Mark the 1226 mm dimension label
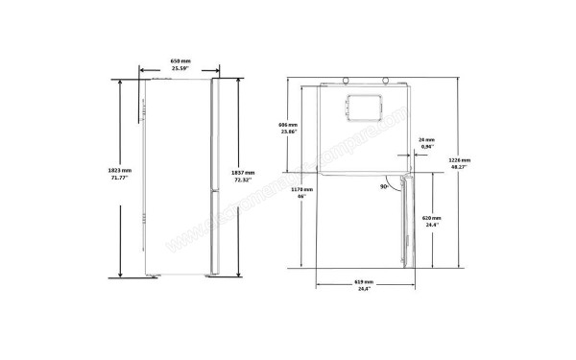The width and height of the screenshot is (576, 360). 459,159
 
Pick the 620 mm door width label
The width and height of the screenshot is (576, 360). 431,218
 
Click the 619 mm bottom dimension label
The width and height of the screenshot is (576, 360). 362,282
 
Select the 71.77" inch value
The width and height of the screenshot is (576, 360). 120,179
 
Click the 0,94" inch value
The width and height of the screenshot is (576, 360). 427,148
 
